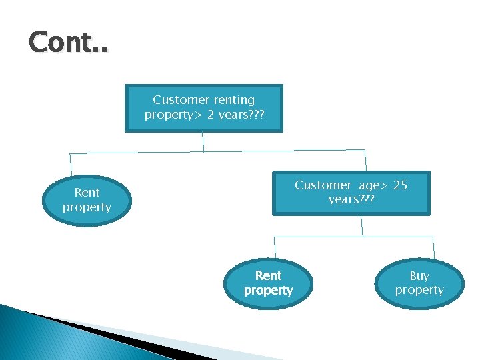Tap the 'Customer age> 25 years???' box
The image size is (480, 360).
click(x=351, y=193)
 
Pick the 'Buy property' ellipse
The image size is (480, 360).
click(x=419, y=283)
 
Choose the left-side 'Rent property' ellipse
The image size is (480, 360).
click(x=87, y=200)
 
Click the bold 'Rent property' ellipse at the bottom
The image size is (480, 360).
click(x=268, y=283)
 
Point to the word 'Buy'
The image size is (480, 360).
click(x=419, y=276)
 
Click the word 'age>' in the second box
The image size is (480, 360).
click(x=372, y=185)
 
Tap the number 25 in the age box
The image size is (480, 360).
click(x=400, y=185)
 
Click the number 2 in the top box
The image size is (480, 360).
click(x=209, y=115)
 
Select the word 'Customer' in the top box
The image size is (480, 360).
click(x=181, y=100)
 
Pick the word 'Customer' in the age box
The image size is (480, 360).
click(x=323, y=185)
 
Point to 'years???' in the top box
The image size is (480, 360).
click(x=240, y=115)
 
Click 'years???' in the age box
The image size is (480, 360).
click(x=351, y=200)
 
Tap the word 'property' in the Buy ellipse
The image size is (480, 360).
click(x=419, y=291)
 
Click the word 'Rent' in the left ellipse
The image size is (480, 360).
click(x=87, y=193)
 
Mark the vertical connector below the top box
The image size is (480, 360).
click(x=203, y=142)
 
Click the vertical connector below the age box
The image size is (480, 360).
click(x=362, y=225)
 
